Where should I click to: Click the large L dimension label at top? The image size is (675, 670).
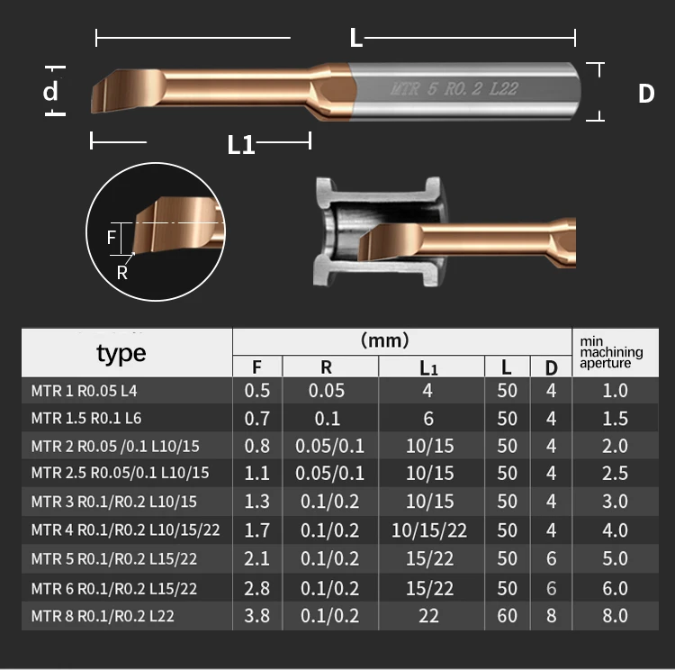355,38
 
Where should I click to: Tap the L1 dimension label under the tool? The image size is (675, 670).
240,144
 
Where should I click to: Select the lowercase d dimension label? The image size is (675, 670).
51,91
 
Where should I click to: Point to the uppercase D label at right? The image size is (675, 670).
645,94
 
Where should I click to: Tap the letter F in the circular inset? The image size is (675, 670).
112,238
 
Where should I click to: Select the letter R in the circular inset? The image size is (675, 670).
122,271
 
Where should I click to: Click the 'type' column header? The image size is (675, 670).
121,353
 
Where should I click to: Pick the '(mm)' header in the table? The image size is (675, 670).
384,340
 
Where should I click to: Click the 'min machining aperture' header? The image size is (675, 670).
611,353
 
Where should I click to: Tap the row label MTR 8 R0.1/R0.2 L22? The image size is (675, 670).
103,616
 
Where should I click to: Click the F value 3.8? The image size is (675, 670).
257,616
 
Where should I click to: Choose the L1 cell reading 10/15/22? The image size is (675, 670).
428,531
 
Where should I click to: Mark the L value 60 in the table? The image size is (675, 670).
507,616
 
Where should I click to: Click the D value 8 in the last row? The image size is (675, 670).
551,616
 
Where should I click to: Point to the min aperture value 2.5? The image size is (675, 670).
615,474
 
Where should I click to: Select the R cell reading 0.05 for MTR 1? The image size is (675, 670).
327,391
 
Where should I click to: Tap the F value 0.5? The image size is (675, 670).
257,391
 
